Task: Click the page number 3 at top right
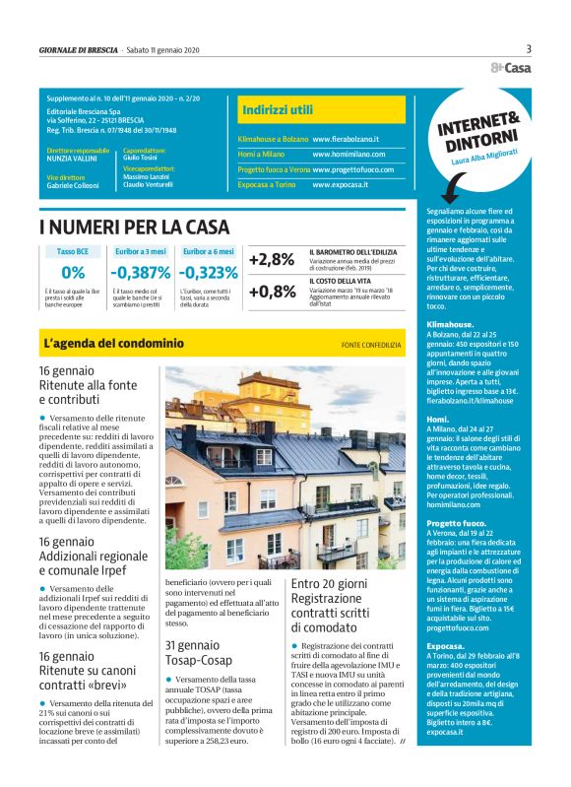(x=528, y=49)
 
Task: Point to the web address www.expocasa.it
(x=340, y=184)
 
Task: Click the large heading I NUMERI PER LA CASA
(x=134, y=228)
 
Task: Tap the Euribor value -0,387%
(x=140, y=273)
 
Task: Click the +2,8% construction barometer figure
(x=272, y=260)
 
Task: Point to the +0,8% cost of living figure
(x=272, y=292)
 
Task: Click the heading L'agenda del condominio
(x=114, y=344)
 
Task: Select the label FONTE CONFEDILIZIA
(x=371, y=345)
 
